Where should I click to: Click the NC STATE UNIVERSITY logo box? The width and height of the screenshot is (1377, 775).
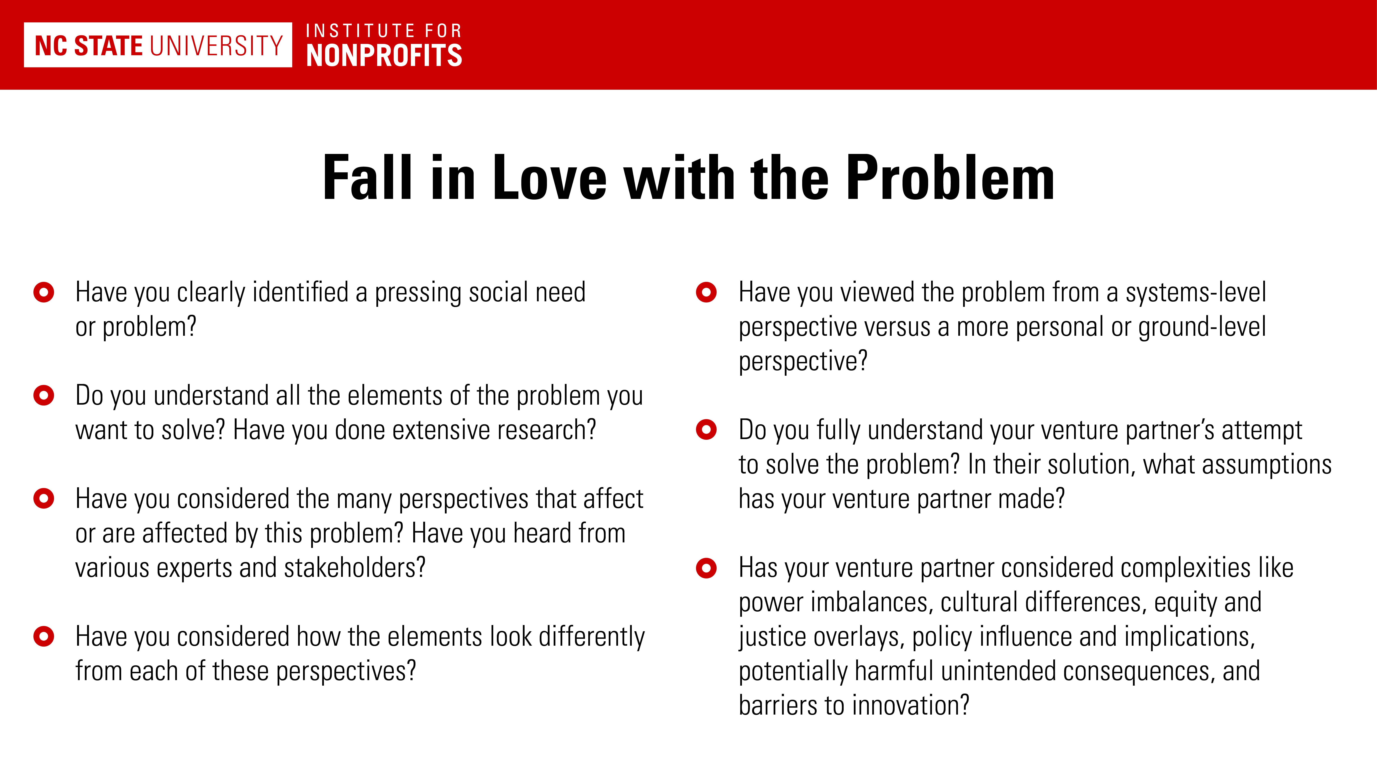(x=158, y=45)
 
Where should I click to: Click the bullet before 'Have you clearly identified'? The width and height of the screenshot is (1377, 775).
(x=44, y=293)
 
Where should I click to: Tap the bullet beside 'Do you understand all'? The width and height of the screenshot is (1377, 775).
(x=44, y=396)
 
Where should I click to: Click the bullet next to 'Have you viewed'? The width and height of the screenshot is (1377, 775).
(x=706, y=293)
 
